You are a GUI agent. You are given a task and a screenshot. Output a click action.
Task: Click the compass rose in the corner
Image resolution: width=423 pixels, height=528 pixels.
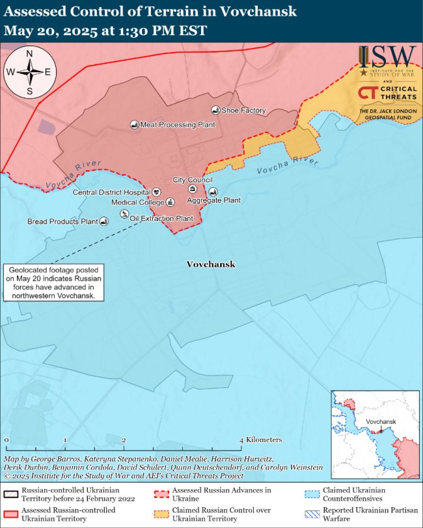[x=28, y=72]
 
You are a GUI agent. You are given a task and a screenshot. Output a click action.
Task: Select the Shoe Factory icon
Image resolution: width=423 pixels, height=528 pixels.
[x=215, y=111]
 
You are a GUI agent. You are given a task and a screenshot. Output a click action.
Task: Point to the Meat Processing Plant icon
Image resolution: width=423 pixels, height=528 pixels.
[x=134, y=124]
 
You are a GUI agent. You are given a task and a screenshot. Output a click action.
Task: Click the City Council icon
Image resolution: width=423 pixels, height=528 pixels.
[x=192, y=189]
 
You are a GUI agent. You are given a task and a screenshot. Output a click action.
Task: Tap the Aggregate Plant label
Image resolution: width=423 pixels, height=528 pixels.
[x=213, y=200]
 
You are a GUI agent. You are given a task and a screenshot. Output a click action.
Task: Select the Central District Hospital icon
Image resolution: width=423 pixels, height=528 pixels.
[x=156, y=192]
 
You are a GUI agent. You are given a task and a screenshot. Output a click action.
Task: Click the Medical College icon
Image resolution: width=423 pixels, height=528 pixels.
[x=170, y=202]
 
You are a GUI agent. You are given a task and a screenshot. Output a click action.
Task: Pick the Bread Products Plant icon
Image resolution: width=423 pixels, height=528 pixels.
[x=104, y=222]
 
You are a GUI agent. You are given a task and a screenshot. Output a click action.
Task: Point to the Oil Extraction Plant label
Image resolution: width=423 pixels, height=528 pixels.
[x=161, y=218]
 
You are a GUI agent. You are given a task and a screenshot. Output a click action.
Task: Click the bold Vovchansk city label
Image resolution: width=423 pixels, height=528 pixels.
[x=210, y=265]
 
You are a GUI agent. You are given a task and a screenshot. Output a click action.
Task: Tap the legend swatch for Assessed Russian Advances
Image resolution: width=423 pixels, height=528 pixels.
[x=161, y=494]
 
